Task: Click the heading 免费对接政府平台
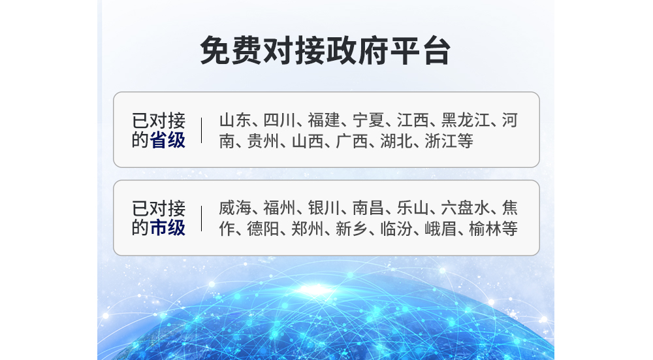coord(325,51)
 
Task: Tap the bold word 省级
coord(167,140)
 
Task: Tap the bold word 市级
coord(167,228)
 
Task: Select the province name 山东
coord(235,120)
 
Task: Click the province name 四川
coord(279,120)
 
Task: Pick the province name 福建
coord(324,120)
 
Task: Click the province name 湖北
coord(396,141)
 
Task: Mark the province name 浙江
coord(441,141)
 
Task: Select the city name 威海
coord(235,208)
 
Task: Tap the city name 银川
coord(324,208)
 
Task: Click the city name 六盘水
coord(466,208)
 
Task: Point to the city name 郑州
coord(308,229)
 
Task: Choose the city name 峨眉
coord(441,229)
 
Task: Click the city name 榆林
coord(485,229)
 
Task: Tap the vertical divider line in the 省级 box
coord(202,131)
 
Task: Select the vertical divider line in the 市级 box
coord(202,218)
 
